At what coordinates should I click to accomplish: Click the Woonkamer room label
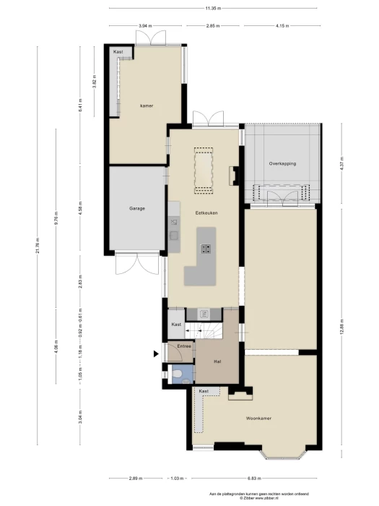[x=258, y=419]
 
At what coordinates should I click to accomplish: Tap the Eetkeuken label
[x=206, y=213]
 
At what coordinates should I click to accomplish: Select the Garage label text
[x=137, y=208]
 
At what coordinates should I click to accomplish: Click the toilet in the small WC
[x=176, y=374]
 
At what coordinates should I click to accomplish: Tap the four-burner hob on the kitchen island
[x=206, y=249]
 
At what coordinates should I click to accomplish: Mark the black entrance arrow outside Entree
[x=156, y=353]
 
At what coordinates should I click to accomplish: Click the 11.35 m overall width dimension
[x=212, y=8]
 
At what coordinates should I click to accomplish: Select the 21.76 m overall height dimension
[x=37, y=246]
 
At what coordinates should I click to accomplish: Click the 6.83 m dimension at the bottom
[x=253, y=479]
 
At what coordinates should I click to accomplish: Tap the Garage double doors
[x=137, y=265]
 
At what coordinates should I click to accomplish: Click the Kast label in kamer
[x=118, y=52]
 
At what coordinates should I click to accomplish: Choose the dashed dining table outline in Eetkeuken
[x=204, y=171]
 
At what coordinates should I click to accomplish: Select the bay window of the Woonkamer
[x=283, y=453]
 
